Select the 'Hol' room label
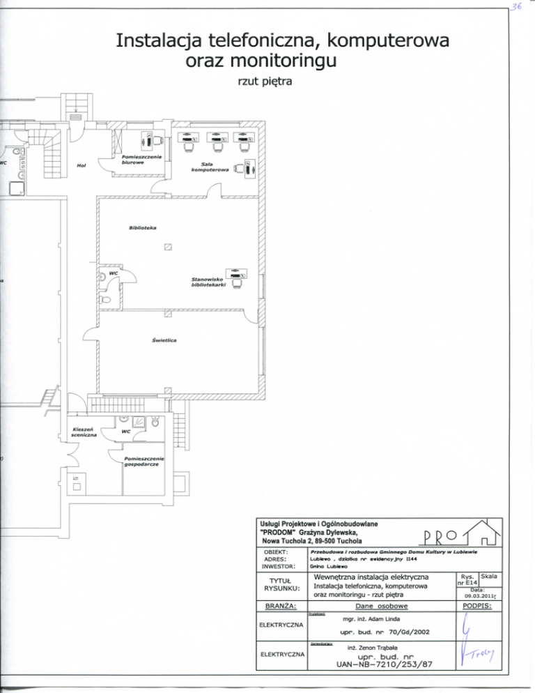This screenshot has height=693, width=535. pyautogui.click(x=82, y=166)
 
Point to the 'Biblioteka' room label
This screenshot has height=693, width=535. pyautogui.click(x=143, y=228)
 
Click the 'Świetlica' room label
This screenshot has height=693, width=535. pyautogui.click(x=164, y=340)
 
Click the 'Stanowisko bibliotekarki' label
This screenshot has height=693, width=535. pyautogui.click(x=206, y=282)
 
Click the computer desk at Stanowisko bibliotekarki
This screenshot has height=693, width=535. pyautogui.click(x=238, y=277)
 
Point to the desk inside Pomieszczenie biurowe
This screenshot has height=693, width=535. pyautogui.click(x=153, y=140)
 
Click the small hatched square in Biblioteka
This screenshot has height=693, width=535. pyautogui.click(x=167, y=246)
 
